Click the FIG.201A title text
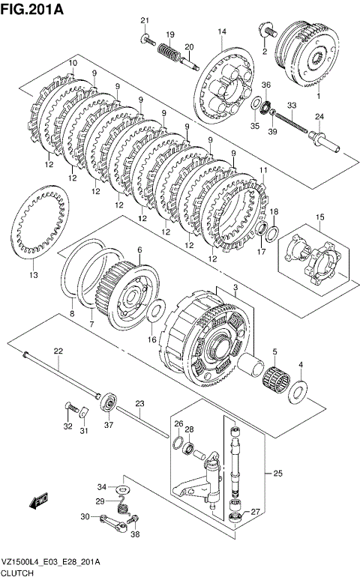click(32, 9)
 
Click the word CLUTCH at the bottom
click(17, 573)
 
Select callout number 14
click(222, 31)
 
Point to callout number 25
click(277, 473)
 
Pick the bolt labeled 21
click(148, 40)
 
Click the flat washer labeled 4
click(298, 391)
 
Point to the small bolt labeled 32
click(71, 408)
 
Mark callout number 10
click(72, 63)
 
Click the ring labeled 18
click(273, 234)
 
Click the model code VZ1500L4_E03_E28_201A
click(50, 563)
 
